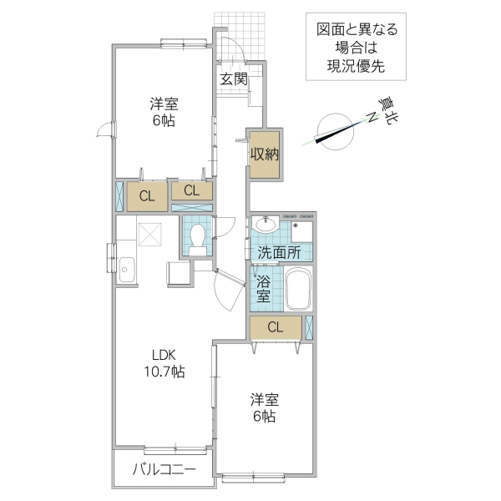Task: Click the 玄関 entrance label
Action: pyautogui.click(x=234, y=79)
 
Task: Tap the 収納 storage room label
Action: pyautogui.click(x=266, y=154)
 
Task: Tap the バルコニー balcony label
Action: pyautogui.click(x=164, y=472)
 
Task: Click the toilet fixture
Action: pyautogui.click(x=198, y=236)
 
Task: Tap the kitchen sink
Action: pyautogui.click(x=126, y=269)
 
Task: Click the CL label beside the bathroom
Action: pyautogui.click(x=275, y=327)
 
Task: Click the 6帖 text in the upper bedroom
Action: pyautogui.click(x=163, y=121)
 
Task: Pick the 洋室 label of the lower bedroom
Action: pyautogui.click(x=265, y=397)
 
